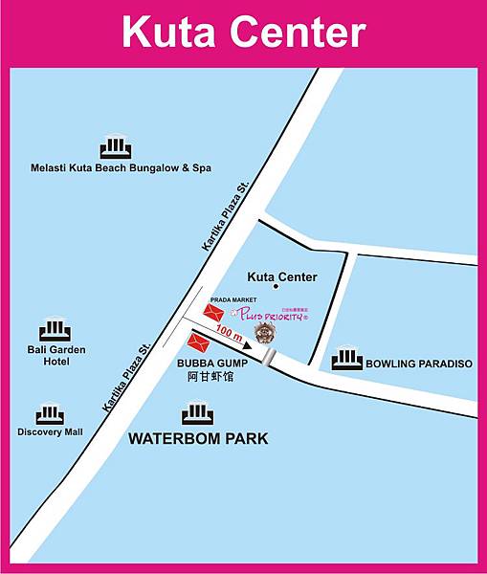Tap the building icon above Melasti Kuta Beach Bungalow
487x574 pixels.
[x=115, y=148]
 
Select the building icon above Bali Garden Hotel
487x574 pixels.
[x=56, y=330]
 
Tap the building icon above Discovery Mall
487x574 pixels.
[x=50, y=415]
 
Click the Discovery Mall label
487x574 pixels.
[x=50, y=432]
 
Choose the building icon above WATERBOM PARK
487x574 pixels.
[x=197, y=414]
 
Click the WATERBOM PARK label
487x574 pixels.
[x=198, y=439]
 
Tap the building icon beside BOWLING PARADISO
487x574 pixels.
[x=346, y=360]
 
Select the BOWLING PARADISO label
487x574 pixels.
[x=419, y=364]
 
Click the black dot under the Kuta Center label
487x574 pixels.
[x=276, y=286]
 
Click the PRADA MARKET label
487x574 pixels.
[x=228, y=299]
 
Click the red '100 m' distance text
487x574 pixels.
[x=230, y=333]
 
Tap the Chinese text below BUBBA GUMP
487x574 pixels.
[x=210, y=377]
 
